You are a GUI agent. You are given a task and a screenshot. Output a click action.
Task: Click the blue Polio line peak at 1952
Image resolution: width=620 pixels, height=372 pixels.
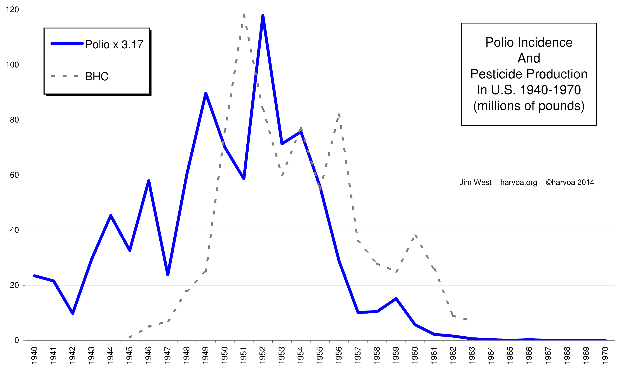263,16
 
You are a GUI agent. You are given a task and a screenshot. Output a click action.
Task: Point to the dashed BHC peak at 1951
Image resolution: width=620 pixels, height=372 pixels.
244,15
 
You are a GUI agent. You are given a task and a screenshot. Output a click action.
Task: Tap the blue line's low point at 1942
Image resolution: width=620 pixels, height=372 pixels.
73,313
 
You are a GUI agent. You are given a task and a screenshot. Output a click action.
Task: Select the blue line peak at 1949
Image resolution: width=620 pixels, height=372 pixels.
206,93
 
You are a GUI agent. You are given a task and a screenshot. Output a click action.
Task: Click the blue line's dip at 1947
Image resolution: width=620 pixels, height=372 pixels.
168,275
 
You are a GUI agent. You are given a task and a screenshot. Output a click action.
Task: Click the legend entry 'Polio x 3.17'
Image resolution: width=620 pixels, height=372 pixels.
114,45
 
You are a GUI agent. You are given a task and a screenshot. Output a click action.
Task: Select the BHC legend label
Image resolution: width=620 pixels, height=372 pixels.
97,76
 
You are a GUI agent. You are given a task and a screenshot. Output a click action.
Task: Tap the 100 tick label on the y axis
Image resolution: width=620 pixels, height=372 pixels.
12,65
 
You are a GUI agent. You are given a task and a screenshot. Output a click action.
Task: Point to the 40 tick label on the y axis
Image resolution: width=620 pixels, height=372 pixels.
14,230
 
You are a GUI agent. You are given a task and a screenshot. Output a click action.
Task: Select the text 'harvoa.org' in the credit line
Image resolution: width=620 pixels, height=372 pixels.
519,182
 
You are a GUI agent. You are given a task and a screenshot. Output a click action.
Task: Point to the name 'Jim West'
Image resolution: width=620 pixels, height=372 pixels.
475,182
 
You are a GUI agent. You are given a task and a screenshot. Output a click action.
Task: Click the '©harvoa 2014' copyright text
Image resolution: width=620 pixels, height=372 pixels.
570,182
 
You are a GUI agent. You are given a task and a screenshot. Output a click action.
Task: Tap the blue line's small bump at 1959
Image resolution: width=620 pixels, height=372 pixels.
396,298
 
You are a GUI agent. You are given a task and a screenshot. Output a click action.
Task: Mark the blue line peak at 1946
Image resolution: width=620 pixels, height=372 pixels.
149,181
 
